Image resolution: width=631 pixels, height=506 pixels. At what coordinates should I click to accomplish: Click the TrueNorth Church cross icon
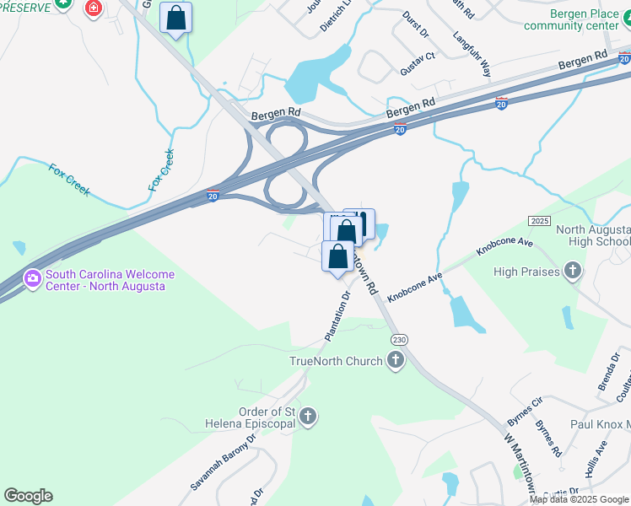[x=395, y=362]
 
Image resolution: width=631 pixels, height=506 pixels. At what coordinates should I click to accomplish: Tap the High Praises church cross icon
[x=573, y=272]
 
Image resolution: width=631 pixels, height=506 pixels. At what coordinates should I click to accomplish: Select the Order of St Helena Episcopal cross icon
[x=308, y=417]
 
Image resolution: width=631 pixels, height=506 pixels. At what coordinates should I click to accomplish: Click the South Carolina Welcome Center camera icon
[x=33, y=277]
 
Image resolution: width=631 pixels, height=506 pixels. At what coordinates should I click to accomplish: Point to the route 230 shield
[x=399, y=339]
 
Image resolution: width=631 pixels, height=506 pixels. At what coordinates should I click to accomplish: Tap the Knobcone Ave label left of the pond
[x=415, y=288]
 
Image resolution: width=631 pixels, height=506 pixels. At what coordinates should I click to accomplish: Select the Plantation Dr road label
[x=337, y=317]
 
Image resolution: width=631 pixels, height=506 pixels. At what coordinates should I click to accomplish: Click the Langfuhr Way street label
[x=472, y=56]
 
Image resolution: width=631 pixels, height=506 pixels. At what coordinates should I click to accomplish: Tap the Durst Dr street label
[x=416, y=27]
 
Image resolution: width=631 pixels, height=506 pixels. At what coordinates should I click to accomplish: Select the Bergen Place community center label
[x=572, y=20]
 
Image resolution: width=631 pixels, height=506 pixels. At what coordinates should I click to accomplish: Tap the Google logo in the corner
[x=28, y=496]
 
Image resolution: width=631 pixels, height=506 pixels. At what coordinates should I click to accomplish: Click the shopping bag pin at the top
[x=175, y=17]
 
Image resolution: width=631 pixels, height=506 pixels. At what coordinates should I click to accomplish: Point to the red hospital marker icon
[x=92, y=8]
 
